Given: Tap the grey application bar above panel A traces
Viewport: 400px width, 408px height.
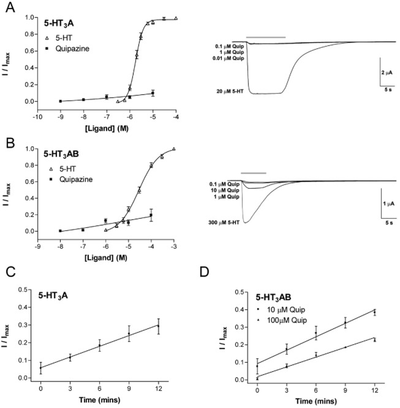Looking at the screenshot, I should (265, 37).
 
